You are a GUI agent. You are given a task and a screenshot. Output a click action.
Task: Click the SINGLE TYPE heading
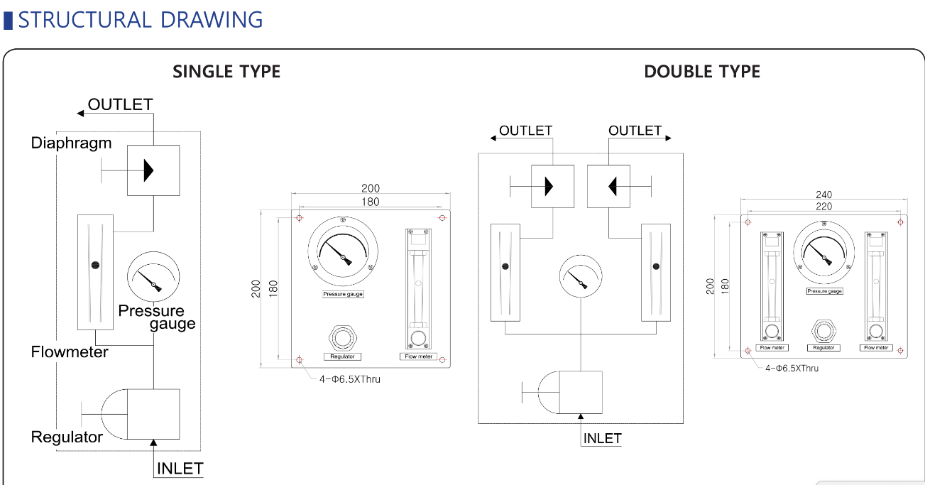pos(226,72)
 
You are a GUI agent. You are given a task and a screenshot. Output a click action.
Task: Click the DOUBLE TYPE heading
pos(702,72)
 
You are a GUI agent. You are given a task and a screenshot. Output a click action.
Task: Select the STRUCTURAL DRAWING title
pos(140,19)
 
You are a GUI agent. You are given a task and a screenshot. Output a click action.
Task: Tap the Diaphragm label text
pos(71,143)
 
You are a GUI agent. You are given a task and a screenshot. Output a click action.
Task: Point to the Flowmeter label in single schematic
pos(70,352)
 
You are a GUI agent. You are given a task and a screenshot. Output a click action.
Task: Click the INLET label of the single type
pos(180,469)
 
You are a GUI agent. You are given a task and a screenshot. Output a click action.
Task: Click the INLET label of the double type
pos(602,438)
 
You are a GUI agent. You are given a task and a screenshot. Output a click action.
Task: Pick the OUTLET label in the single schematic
pos(120,104)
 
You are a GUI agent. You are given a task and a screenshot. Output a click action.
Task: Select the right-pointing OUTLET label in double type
pos(635,131)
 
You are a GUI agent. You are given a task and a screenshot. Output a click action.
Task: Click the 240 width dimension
pos(823,195)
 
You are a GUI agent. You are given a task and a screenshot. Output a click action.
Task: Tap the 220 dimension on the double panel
pos(823,206)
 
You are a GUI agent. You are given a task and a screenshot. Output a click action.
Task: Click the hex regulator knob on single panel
pos(343,338)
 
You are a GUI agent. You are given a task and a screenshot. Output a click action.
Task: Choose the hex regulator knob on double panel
pos(823,332)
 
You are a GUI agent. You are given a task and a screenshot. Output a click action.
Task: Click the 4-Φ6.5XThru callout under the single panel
pos(350,379)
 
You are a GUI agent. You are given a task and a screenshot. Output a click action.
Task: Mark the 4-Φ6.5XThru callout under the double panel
pos(792,368)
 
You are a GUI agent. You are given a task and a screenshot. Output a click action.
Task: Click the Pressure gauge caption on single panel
pos(343,294)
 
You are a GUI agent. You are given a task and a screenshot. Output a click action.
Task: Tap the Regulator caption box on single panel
pos(342,356)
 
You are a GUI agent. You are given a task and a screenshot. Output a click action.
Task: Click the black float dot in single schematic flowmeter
pos(95,265)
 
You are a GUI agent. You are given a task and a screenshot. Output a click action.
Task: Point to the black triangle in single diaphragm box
pos(148,170)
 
